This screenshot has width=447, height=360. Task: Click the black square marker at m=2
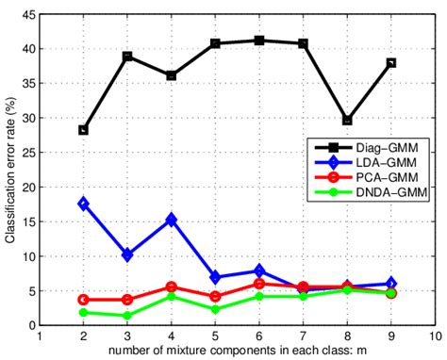(83, 130)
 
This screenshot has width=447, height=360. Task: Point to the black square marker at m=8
(347, 121)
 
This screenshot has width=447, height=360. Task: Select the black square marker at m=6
(259, 41)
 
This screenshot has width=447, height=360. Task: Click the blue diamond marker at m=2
(83, 204)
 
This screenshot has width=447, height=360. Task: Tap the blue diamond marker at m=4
(171, 220)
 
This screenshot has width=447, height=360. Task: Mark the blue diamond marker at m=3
(127, 254)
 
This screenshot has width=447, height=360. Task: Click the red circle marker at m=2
(83, 300)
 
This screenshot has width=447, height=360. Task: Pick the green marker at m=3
(127, 316)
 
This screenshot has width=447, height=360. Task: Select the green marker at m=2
(83, 312)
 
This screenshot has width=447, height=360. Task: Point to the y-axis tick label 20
(27, 187)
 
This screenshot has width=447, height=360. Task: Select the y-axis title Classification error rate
(10, 170)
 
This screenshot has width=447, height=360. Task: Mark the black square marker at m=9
(391, 63)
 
